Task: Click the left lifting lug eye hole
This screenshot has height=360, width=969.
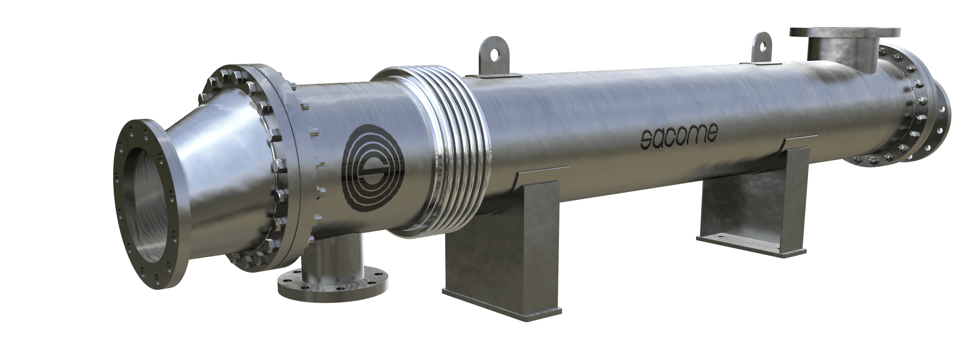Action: click(x=492, y=57)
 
